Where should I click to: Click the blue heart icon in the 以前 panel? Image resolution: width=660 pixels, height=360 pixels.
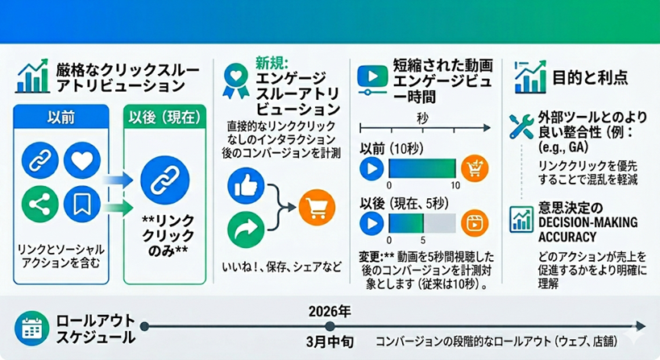tap(83, 160)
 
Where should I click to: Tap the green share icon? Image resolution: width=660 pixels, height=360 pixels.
tap(38, 204)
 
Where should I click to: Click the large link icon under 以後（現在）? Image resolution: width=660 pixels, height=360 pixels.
tap(164, 178)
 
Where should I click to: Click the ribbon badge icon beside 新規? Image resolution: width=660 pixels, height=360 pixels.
tap(235, 76)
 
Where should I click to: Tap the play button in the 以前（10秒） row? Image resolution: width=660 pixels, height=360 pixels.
tap(371, 169)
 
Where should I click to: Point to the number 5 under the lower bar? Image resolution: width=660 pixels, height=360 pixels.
tap(422, 239)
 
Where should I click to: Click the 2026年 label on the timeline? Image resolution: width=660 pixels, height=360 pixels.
tap(329, 309)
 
